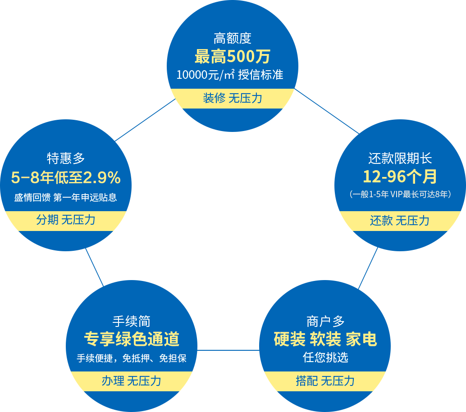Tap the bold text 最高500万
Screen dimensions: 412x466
pyautogui.click(x=232, y=57)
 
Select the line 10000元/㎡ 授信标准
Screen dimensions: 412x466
pyautogui.click(x=230, y=74)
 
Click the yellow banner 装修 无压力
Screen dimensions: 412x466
pyautogui.click(x=232, y=98)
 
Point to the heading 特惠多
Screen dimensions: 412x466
pyautogui.click(x=66, y=158)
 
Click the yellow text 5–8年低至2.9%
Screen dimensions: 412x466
pyautogui.click(x=66, y=178)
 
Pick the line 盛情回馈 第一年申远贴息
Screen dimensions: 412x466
pyautogui.click(x=66, y=197)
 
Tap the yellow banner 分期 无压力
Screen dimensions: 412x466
pyautogui.click(x=66, y=220)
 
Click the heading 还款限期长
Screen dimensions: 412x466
pyautogui.click(x=400, y=158)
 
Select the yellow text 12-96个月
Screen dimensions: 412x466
pyautogui.click(x=400, y=177)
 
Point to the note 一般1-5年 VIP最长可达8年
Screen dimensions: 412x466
pyautogui.click(x=400, y=195)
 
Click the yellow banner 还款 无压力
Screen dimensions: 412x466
pyautogui.click(x=400, y=221)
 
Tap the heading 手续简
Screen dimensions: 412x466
pyautogui.click(x=132, y=321)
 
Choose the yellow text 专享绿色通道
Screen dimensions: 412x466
pyautogui.click(x=132, y=339)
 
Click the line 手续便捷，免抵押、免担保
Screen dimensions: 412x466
pyautogui.click(x=132, y=358)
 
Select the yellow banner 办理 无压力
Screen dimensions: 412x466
pyautogui.click(x=132, y=381)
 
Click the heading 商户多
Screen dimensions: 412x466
pyautogui.click(x=325, y=321)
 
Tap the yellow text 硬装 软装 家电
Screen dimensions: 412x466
pyautogui.click(x=325, y=339)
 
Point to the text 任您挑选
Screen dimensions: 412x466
pyautogui.click(x=325, y=358)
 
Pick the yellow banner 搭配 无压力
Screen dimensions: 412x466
pyautogui.click(x=325, y=381)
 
